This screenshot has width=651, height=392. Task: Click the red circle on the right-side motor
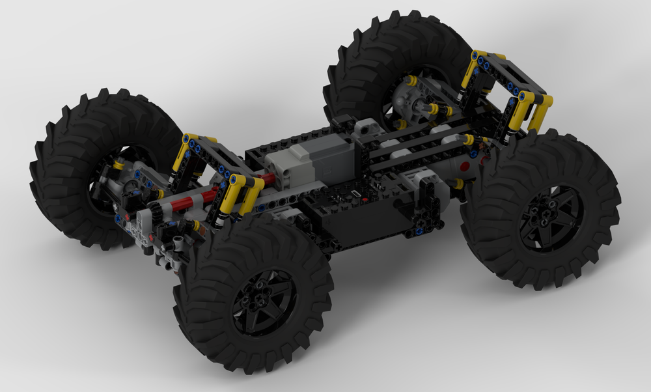[464, 167]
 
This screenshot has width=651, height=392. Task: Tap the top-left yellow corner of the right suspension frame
[478, 56]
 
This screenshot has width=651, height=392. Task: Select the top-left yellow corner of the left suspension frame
[189, 139]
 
